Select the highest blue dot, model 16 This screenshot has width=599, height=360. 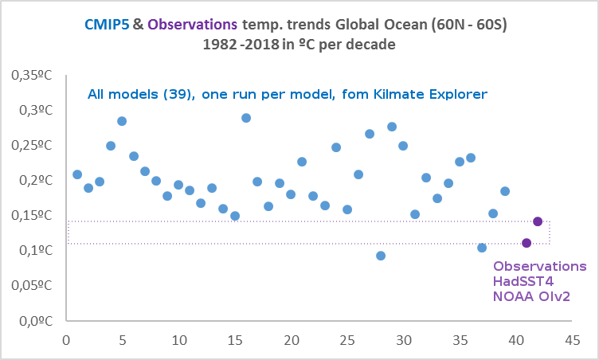(x=246, y=118)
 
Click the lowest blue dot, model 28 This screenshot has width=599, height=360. (x=381, y=256)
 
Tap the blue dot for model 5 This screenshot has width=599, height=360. (x=122, y=121)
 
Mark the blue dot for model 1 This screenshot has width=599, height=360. (x=77, y=174)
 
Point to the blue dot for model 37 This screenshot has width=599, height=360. (x=482, y=248)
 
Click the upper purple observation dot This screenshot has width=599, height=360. (x=538, y=221)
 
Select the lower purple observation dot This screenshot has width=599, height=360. (x=527, y=243)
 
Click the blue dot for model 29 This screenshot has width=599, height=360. (x=392, y=127)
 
